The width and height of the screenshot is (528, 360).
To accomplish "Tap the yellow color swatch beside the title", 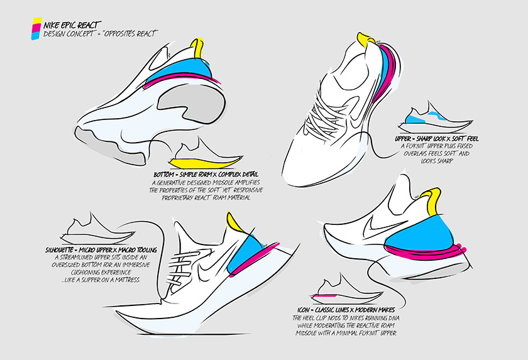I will pyautogui.click(x=36, y=21).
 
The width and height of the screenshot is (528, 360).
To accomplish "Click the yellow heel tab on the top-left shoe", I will pyautogui.click(x=198, y=48).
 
